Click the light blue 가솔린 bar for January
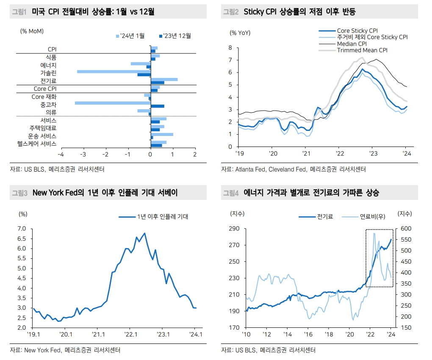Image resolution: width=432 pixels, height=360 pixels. click(x=114, y=72)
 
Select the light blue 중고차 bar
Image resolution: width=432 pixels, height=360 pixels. click(x=113, y=103)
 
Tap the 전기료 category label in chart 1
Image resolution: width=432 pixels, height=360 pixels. click(x=48, y=81)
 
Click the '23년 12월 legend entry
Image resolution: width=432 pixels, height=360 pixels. click(x=174, y=36)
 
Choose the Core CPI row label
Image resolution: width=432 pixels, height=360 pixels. click(x=45, y=89)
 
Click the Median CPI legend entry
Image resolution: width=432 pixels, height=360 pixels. click(x=352, y=44)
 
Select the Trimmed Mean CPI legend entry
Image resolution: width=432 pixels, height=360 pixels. click(x=362, y=50)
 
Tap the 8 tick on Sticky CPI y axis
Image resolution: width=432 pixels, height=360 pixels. click(x=230, y=48)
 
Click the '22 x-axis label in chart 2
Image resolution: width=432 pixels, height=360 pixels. click(x=339, y=154)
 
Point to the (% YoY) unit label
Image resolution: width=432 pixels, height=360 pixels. click(x=240, y=33)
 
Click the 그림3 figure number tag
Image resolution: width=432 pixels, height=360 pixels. click(x=19, y=193)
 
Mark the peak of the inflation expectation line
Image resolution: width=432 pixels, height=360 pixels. click(x=145, y=233)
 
